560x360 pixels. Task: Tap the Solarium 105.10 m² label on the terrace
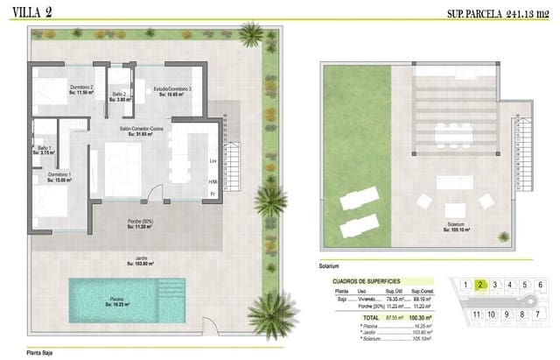point(455,226)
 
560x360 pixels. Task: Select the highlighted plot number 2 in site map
point(480,285)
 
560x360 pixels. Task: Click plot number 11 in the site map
point(476,314)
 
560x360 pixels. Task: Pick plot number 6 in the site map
point(540,285)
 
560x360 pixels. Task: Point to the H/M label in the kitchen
point(213,181)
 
